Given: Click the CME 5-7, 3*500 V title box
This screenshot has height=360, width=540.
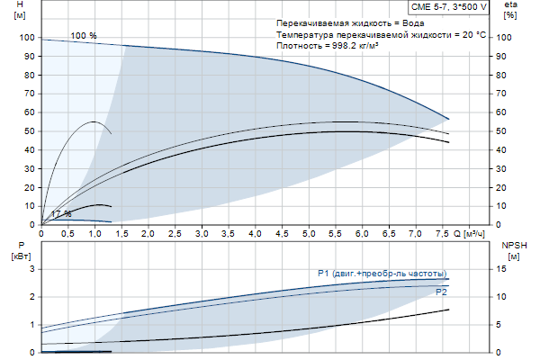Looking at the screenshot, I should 448,7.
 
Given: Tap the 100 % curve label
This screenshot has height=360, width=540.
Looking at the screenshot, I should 84,35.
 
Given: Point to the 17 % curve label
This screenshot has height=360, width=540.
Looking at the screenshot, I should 61,213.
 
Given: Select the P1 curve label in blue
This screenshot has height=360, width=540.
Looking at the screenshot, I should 382,274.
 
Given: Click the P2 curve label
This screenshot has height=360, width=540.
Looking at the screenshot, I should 441,292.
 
